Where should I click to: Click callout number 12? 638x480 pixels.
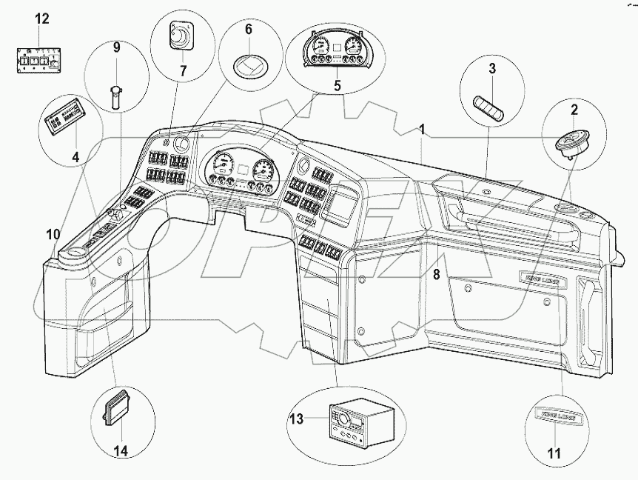coord(42,19)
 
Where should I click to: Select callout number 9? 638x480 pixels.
coord(116,49)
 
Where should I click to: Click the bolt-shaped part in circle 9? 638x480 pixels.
coord(116,95)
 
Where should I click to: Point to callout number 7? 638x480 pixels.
coord(183,72)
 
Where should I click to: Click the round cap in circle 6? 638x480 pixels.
coord(249,67)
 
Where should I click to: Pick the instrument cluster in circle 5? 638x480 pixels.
coord(336,52)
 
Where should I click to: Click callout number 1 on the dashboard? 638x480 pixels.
coord(421,130)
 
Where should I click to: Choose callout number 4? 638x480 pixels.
coord(75,157)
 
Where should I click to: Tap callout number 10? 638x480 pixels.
coord(52,236)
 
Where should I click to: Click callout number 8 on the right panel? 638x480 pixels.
coord(437,275)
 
